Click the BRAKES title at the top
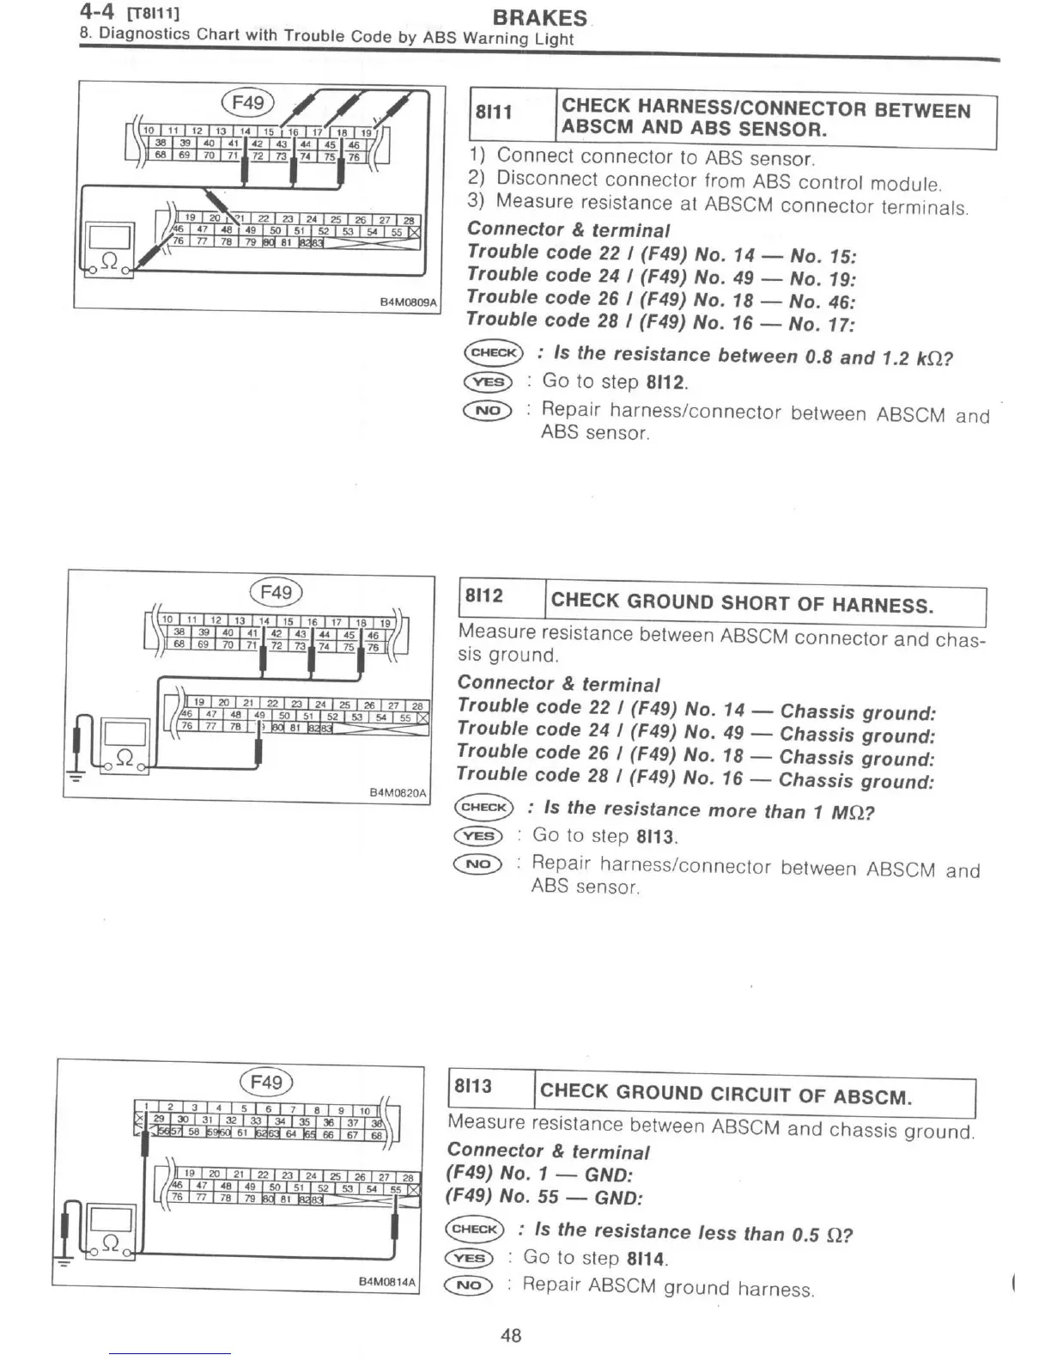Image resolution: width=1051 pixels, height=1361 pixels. coord(540,17)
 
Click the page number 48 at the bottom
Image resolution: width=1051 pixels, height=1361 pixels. coord(511,1335)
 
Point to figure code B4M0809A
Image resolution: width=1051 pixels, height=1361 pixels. coord(408,302)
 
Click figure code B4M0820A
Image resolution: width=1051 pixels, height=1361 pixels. coord(397,793)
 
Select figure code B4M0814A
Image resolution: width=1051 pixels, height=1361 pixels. coord(386,1282)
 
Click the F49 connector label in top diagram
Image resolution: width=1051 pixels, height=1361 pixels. coord(248,103)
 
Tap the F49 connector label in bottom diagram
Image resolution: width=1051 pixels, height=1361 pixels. coord(267,1083)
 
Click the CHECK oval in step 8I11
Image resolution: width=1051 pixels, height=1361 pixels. coord(493,352)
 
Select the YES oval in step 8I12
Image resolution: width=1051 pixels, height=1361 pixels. coord(478,835)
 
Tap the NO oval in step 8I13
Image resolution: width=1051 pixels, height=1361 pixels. coord(469,1285)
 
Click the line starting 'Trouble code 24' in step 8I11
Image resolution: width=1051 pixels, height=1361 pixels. coord(661,276)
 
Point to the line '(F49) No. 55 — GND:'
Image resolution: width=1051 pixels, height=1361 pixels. coord(544,1197)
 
